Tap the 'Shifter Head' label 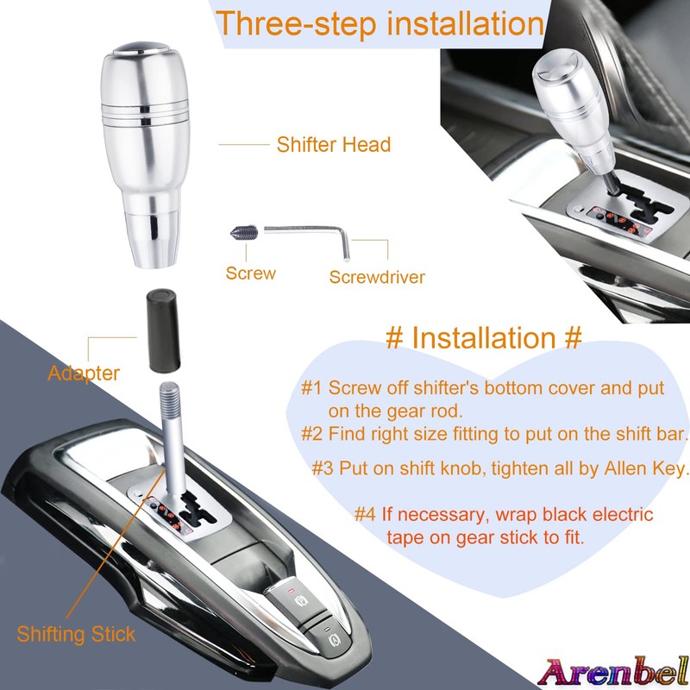pyautogui.click(x=333, y=144)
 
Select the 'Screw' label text pyautogui.click(x=251, y=273)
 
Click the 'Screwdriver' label pyautogui.click(x=377, y=277)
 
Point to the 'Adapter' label pyautogui.click(x=84, y=373)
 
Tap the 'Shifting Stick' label pyautogui.click(x=77, y=635)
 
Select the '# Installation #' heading pyautogui.click(x=483, y=336)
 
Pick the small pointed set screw pyautogui.click(x=243, y=232)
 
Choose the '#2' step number pyautogui.click(x=311, y=433)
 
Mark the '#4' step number pyautogui.click(x=365, y=515)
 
